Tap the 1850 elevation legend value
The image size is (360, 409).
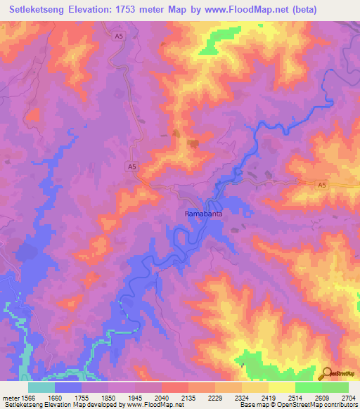109,398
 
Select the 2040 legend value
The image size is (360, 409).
162,398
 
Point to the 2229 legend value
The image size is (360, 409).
215,398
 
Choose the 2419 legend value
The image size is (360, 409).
269,398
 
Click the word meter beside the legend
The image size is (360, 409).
11,398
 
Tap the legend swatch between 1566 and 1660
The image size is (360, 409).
41,387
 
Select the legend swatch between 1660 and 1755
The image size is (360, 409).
68,387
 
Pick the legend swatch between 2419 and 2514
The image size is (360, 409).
281,387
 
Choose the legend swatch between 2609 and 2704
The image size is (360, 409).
335,387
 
